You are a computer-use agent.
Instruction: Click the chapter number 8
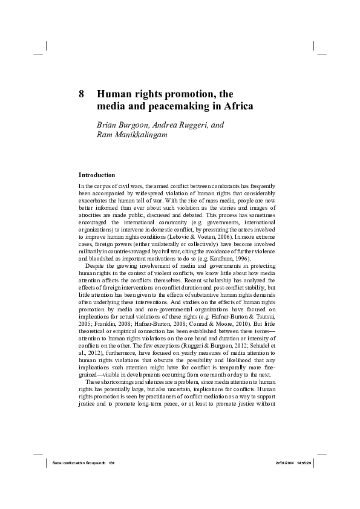82,94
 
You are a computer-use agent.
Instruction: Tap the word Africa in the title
235,106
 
